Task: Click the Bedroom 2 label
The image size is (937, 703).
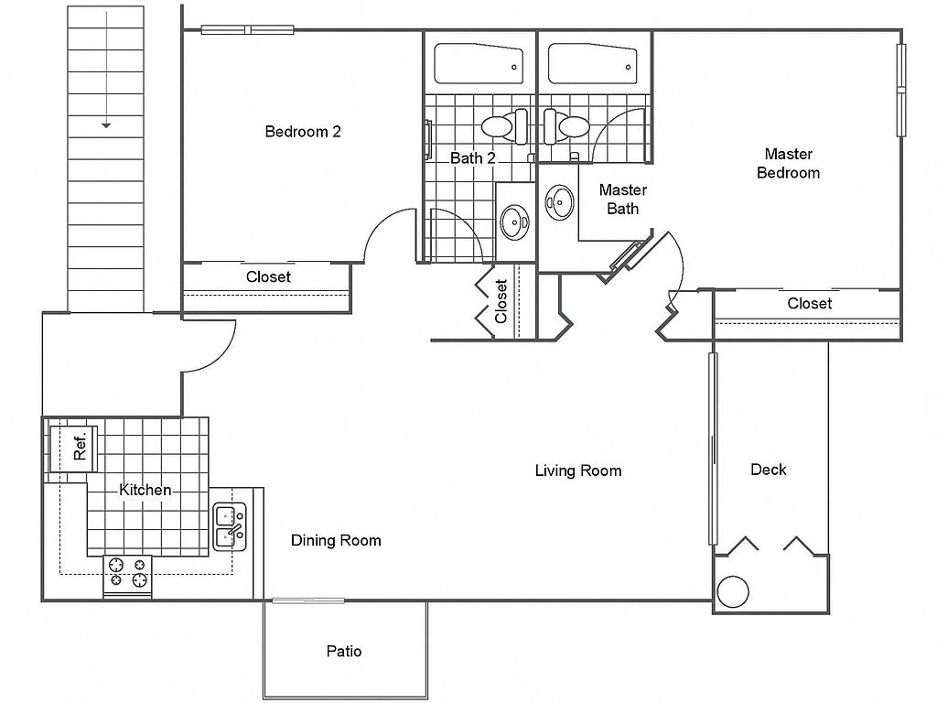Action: (x=303, y=132)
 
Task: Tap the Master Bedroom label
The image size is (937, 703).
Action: (x=788, y=163)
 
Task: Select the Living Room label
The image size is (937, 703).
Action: (x=578, y=471)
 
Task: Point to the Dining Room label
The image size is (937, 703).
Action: (x=336, y=540)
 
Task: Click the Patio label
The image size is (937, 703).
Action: (x=344, y=651)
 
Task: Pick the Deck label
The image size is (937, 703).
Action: (x=769, y=470)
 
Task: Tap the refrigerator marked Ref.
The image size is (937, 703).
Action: (x=72, y=449)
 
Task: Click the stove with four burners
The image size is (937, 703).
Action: (x=127, y=577)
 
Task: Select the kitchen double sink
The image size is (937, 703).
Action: (x=230, y=526)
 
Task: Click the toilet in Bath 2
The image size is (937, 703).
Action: (x=505, y=126)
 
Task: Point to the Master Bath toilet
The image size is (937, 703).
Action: (x=565, y=126)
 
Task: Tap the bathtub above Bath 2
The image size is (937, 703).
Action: (x=479, y=63)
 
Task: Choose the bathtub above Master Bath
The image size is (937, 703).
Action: (x=592, y=63)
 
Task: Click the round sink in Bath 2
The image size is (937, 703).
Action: (x=514, y=222)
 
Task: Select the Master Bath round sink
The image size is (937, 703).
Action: (x=559, y=202)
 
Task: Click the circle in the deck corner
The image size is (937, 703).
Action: (x=732, y=592)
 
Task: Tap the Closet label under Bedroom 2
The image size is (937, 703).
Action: (x=268, y=276)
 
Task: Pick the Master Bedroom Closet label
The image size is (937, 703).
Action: (x=809, y=303)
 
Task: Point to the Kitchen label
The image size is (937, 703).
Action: (x=145, y=491)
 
